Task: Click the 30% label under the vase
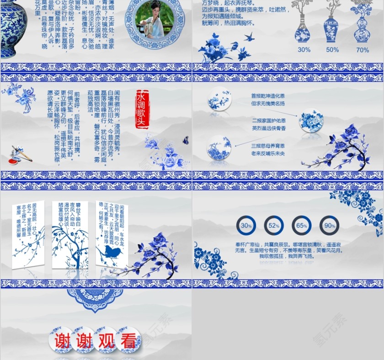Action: [x=304, y=50]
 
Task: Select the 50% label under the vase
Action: [x=332, y=50]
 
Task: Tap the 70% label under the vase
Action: [x=362, y=50]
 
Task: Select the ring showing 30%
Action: [x=246, y=226]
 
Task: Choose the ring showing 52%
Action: [x=274, y=226]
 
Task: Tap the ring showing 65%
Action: [x=302, y=226]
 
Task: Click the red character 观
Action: [x=106, y=341]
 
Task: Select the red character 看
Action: [x=128, y=341]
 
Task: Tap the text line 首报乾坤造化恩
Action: [x=268, y=96]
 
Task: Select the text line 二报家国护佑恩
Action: [x=269, y=121]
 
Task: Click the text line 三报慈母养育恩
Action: [x=268, y=146]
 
